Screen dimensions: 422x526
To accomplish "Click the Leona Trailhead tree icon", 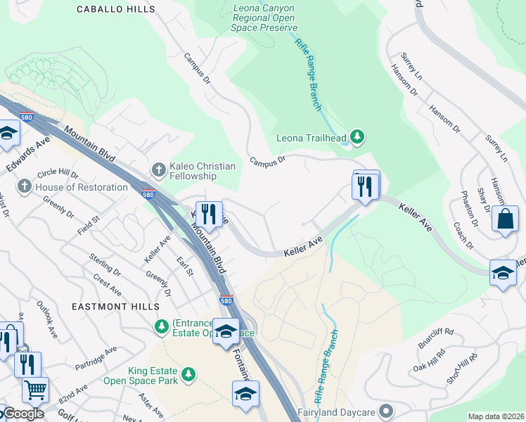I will click(x=357, y=136).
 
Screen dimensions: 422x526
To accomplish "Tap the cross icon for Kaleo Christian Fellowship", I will click(x=158, y=170).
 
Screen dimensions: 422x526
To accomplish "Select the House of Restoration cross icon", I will click(x=25, y=187).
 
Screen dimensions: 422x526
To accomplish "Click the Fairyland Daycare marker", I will click(x=385, y=410).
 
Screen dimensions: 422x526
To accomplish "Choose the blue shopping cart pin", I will click(x=34, y=389).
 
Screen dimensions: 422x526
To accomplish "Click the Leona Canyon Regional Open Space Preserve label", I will click(x=274, y=17).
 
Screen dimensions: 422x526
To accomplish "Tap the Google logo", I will click(x=23, y=414).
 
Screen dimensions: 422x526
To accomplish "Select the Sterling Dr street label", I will click(x=107, y=264).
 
